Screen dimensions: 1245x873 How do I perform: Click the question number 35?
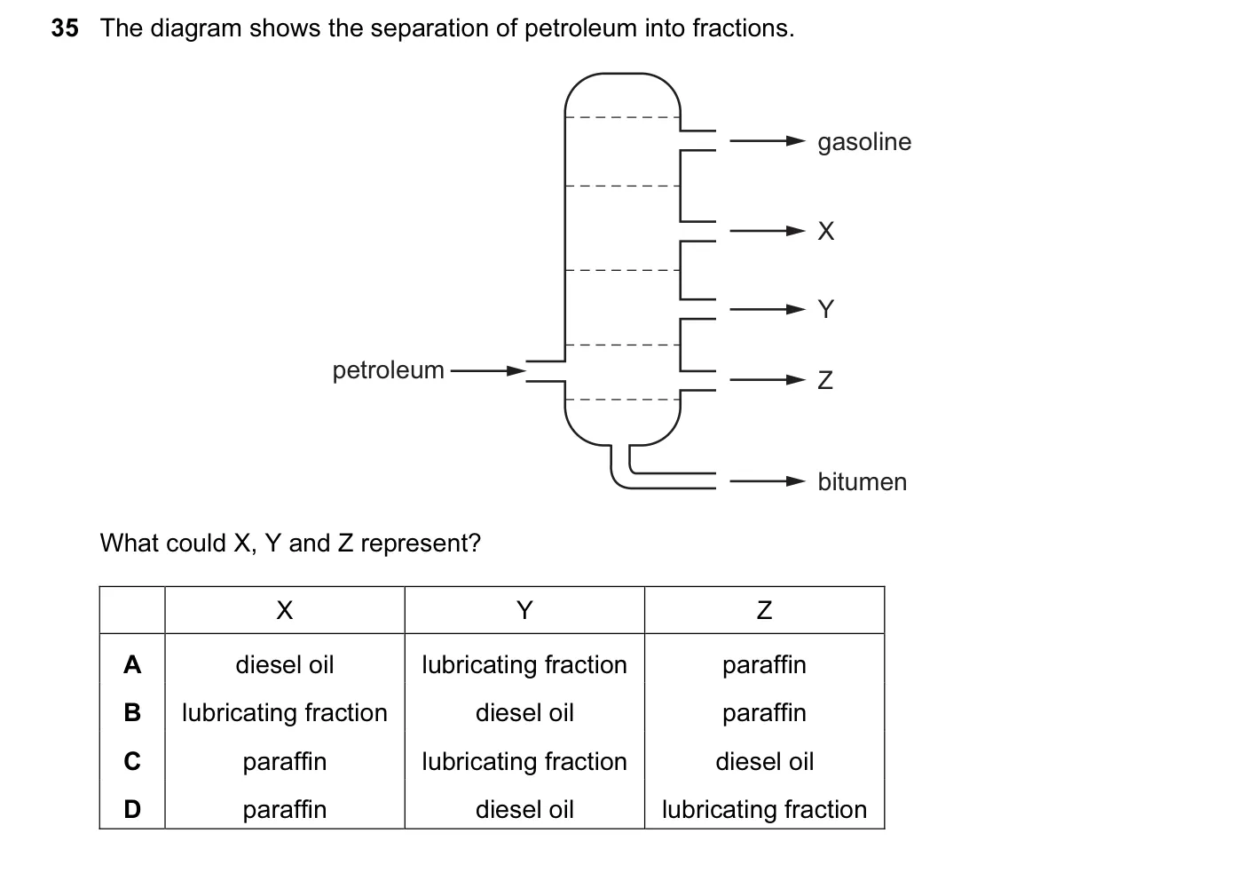(65, 28)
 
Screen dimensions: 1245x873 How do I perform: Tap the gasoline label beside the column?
(864, 142)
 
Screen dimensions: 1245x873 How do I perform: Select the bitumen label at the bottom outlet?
(862, 482)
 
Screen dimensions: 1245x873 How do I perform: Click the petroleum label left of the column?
(388, 370)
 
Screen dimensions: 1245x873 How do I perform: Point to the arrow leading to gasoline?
(768, 141)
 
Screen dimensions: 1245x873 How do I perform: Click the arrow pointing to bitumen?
(768, 481)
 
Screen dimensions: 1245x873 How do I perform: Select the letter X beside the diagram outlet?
(826, 231)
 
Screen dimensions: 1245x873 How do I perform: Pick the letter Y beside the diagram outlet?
(826, 309)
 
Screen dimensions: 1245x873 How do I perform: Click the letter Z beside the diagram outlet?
(825, 380)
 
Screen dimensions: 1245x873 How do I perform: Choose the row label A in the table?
(132, 664)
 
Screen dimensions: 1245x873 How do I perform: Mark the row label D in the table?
(132, 809)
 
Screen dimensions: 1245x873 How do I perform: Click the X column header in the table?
(285, 610)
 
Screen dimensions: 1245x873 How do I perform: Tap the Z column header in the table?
(764, 610)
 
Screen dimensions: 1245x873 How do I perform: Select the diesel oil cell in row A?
(285, 665)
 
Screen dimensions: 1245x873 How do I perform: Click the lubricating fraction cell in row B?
(285, 713)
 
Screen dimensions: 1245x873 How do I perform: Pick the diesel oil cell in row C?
(764, 761)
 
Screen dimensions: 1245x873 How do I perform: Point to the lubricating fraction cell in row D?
(764, 810)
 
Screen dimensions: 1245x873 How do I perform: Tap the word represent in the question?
(421, 544)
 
